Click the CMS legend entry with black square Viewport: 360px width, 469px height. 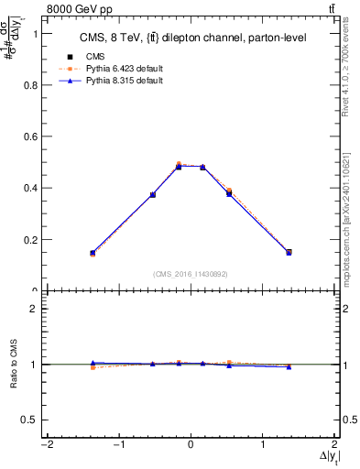pos(94,54)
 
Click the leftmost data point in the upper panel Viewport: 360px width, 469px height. pos(93,253)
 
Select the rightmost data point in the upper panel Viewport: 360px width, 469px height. pos(289,252)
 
